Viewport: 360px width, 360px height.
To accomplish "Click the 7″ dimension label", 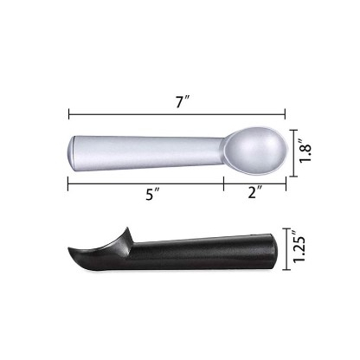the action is pos(182,102).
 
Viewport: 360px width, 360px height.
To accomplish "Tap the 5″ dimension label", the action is pos(152,194).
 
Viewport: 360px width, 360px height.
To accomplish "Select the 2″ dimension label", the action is pos(254,192).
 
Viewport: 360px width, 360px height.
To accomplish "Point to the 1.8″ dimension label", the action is pos(305,151).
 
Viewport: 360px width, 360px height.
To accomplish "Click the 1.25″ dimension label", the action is pos(299,247).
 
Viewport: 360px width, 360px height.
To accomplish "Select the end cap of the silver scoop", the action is pos(72,153).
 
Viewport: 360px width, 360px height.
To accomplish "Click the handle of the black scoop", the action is pos(202,253).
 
